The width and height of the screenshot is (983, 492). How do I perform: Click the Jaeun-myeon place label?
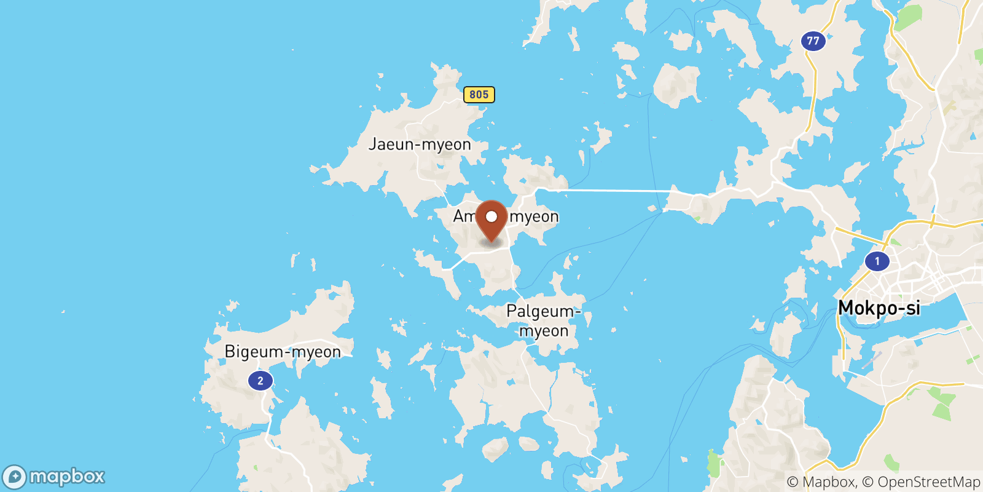pos(420,145)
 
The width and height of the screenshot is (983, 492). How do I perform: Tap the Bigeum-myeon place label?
pos(283,352)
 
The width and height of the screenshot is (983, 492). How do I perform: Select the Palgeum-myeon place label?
pos(544,321)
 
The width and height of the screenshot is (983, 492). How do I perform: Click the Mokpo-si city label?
pos(879,307)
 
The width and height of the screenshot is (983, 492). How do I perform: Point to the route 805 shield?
pos(479,94)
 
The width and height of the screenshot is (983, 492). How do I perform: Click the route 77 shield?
pos(813,41)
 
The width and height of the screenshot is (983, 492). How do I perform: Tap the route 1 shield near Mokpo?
pos(877,261)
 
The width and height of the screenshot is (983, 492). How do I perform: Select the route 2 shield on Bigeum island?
pos(260,381)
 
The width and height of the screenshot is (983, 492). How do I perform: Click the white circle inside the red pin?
pos(491,216)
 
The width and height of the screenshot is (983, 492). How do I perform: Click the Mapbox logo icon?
pos(14,477)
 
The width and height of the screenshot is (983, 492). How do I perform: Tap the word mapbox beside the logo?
pos(67,477)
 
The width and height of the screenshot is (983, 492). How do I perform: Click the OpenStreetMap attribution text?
pos(929,482)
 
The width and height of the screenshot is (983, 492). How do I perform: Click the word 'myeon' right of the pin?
pos(534,216)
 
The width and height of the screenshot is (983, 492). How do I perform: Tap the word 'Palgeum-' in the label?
pos(543,312)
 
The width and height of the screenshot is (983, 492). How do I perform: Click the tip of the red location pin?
pos(491,242)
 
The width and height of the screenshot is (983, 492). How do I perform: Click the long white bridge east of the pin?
pos(608,191)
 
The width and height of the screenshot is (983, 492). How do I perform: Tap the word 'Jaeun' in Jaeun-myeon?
pos(391,145)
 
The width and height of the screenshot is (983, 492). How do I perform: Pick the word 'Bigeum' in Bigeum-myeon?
pos(254,352)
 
